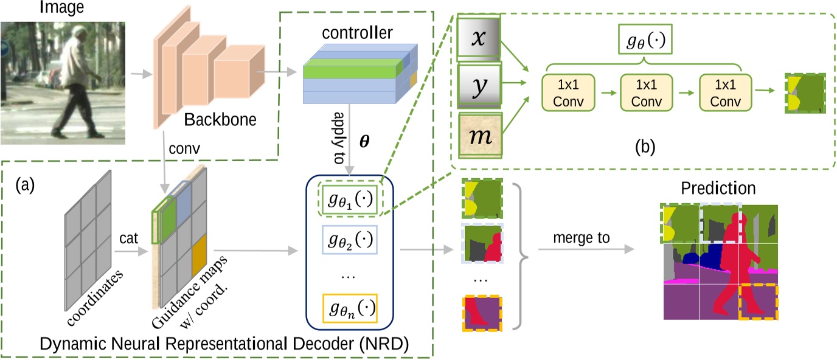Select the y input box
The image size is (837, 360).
(x=479, y=86)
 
